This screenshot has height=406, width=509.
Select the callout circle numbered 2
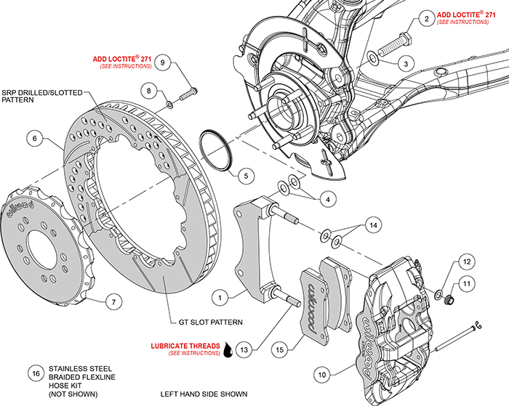click(425, 20)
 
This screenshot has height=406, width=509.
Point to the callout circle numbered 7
click(111, 301)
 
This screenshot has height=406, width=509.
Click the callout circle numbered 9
click(164, 62)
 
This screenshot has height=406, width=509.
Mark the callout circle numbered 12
click(466, 261)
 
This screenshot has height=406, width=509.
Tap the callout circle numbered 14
click(373, 226)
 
